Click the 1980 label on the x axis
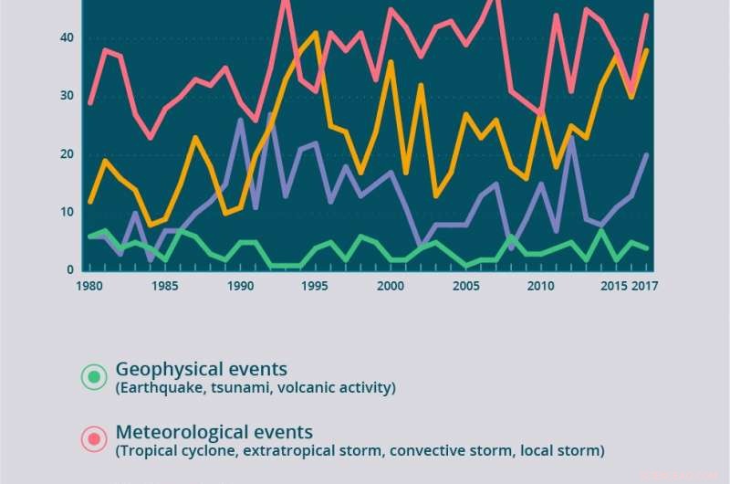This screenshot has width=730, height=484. coord(89,285)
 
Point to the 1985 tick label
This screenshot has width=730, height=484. coord(164,285)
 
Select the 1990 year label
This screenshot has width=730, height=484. coord(240,285)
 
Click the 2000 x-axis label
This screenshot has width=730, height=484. coord(391,285)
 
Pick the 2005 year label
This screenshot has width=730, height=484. coord(466,285)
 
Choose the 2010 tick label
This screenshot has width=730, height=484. coord(541,285)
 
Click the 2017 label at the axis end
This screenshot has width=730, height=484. coord(646,285)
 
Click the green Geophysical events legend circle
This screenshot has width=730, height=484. coord(94,376)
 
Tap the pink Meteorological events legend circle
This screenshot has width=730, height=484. coord(94,439)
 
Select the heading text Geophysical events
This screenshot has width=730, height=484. coord(201,369)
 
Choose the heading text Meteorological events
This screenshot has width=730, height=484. coord(214,431)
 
